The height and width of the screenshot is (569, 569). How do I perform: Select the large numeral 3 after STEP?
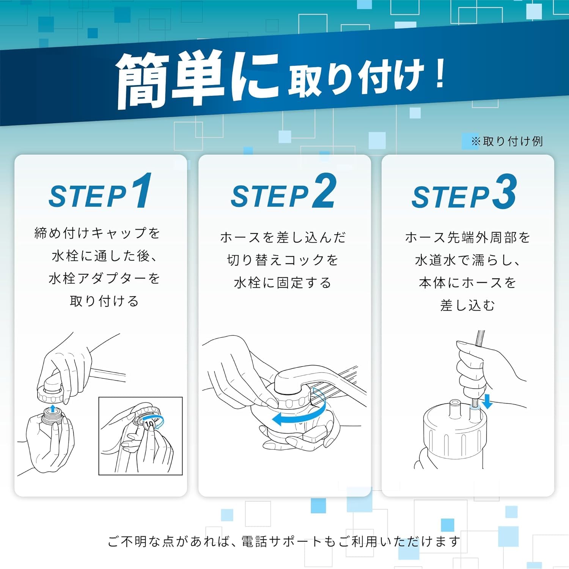[x=504, y=191]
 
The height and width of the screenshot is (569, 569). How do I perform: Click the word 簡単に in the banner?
[x=197, y=80]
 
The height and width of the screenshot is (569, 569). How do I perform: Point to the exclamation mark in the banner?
[x=440, y=74]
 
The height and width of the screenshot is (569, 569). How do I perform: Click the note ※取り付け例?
[x=507, y=141]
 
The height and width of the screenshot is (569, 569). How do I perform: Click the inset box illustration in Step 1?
[x=140, y=436]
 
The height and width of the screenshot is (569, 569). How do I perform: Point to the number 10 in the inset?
[x=149, y=424]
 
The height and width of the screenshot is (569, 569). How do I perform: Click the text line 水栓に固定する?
[x=283, y=283]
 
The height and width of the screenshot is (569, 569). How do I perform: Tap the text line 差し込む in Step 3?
[x=468, y=305]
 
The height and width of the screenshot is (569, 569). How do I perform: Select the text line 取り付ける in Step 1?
[x=104, y=301]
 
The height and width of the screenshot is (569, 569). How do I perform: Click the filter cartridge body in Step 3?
[x=453, y=436]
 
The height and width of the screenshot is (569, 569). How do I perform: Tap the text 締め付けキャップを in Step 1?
[x=97, y=233]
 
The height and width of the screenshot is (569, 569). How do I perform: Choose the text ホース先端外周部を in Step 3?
[x=468, y=237]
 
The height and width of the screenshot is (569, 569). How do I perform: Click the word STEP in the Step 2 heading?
[x=270, y=196]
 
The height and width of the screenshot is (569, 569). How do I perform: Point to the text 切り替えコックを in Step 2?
[x=283, y=260]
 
